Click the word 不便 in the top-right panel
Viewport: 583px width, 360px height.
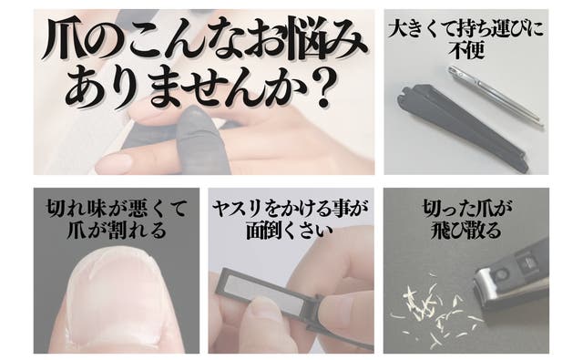coord(466,50)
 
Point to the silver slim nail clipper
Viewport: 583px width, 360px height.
coord(495,96)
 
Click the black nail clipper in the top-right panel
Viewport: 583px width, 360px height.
coord(463,128)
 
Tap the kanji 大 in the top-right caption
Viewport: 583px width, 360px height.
coord(397,29)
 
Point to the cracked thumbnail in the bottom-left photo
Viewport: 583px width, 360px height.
coord(116,293)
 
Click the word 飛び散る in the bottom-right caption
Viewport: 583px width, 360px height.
coord(465,231)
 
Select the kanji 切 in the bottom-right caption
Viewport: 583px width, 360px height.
coord(433,209)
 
